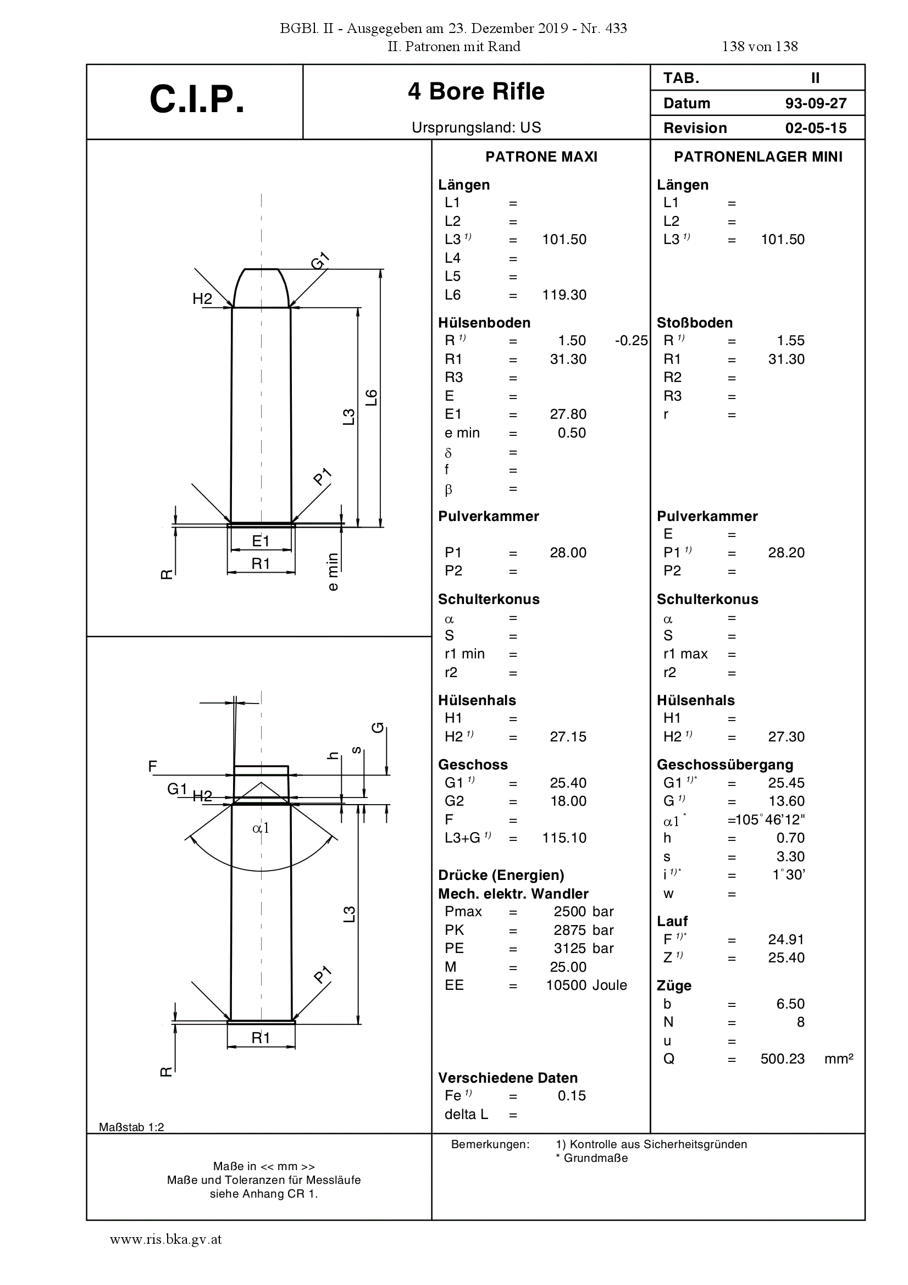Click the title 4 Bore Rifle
pos(476,91)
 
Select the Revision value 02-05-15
pos(816,128)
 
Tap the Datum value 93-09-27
pos(816,103)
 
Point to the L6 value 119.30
pos(564,295)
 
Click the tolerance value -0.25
pos(631,341)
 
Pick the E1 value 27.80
pos(568,414)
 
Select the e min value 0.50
pos(572,433)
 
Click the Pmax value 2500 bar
pos(584,912)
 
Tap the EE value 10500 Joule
pos(586,985)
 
